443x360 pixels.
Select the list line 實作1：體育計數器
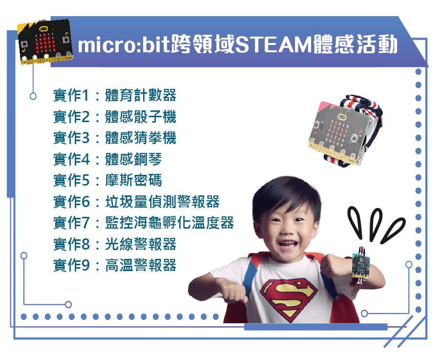[x=115, y=95]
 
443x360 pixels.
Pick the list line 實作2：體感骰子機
[x=115, y=117]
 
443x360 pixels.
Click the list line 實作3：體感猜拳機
[x=115, y=138]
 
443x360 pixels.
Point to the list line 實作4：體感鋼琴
[x=107, y=159]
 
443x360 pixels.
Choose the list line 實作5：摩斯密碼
[x=107, y=180]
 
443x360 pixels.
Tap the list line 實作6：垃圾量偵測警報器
[x=136, y=202]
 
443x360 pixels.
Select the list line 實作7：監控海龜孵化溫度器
[x=144, y=223]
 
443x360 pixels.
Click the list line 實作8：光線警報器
[x=115, y=244]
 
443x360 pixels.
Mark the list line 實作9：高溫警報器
[x=115, y=265]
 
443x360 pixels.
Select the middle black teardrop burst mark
[x=376, y=224]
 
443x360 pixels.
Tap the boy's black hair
[x=285, y=195]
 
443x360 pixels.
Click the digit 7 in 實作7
[x=85, y=223]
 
